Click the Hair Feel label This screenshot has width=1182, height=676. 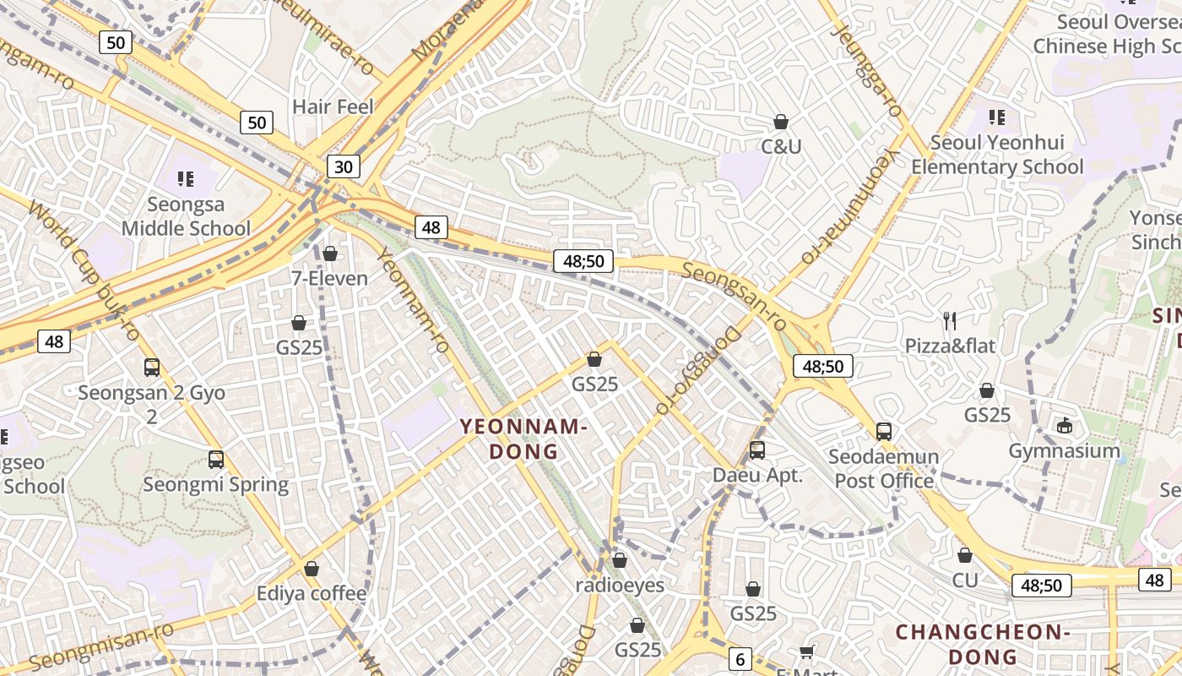click(333, 107)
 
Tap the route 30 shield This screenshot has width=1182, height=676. click(344, 166)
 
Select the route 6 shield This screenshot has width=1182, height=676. click(740, 659)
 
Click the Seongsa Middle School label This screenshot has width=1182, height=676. click(186, 216)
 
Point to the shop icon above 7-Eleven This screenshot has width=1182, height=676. click(330, 253)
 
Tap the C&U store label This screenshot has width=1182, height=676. click(781, 147)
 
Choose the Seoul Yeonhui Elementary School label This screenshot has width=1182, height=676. click(996, 155)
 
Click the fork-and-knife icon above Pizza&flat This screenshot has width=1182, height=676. click(950, 320)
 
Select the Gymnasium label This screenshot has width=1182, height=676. click(1064, 451)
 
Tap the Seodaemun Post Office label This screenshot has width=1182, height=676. click(883, 469)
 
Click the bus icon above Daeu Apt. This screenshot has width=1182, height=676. click(757, 450)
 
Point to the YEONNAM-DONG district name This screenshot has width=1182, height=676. click(523, 439)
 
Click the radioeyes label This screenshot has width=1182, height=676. click(620, 585)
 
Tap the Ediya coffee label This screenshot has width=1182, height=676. click(312, 593)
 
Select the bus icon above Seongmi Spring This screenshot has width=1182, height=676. click(216, 460)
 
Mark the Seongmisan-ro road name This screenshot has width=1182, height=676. click(101, 647)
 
